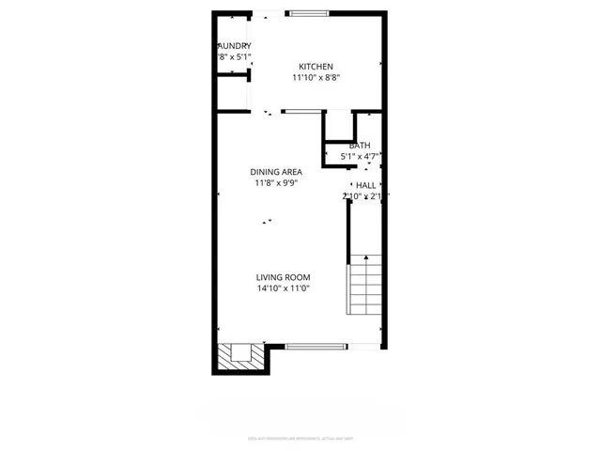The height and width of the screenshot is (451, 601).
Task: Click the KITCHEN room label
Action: pyautogui.click(x=316, y=66)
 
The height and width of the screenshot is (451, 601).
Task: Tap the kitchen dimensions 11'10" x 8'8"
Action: pyautogui.click(x=316, y=78)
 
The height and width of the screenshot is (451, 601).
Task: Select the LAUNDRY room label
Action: pyautogui.click(x=234, y=45)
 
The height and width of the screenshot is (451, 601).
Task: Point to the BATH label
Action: pyautogui.click(x=360, y=146)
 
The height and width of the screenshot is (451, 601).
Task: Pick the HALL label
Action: pyautogui.click(x=365, y=185)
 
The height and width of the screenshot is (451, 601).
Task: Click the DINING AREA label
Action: pyautogui.click(x=276, y=171)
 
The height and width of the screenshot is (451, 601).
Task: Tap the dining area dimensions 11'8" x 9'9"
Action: pyautogui.click(x=276, y=183)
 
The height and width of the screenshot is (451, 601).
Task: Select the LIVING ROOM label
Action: pyautogui.click(x=284, y=277)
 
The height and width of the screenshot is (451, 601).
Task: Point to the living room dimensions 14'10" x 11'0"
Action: pyautogui.click(x=284, y=289)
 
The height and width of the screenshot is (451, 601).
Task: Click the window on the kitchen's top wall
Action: pyautogui.click(x=308, y=13)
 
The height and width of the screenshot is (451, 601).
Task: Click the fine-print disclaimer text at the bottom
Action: pyautogui.click(x=300, y=437)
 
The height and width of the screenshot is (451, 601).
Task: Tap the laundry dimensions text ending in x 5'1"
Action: pyautogui.click(x=234, y=57)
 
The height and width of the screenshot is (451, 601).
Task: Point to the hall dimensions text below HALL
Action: pyautogui.click(x=365, y=196)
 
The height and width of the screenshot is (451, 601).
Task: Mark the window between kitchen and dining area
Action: pyautogui.click(x=300, y=112)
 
